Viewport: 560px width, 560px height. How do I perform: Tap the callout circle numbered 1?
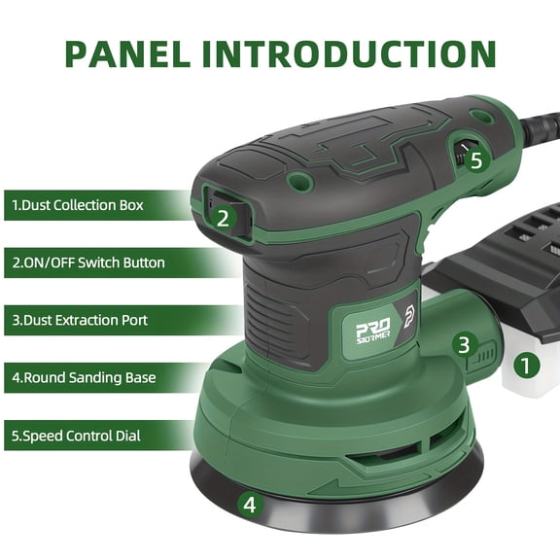(526, 367)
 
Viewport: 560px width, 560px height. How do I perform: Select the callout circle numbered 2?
(223, 218)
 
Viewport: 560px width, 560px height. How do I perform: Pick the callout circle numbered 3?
(465, 344)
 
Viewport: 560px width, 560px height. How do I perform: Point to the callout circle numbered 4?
(250, 505)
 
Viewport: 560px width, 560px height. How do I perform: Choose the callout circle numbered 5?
(475, 160)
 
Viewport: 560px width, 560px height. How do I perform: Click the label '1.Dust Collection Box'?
(78, 205)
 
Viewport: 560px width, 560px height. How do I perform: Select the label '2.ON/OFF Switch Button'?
(88, 262)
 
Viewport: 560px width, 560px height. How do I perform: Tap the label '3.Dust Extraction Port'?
(80, 320)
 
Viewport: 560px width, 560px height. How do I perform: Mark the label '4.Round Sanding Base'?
(84, 377)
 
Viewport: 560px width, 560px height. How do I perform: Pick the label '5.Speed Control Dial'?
(77, 436)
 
